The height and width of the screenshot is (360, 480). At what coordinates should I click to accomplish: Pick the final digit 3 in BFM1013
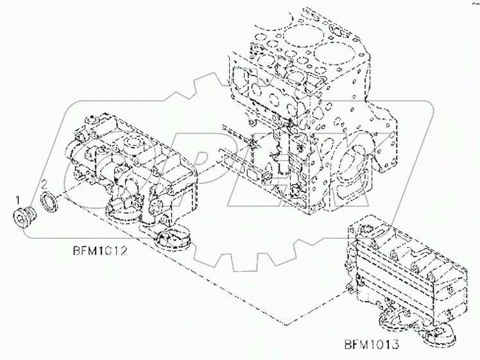tap(397, 345)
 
